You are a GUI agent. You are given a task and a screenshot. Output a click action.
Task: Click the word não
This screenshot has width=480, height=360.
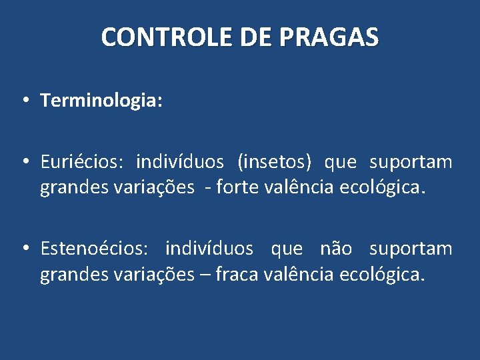[337, 249]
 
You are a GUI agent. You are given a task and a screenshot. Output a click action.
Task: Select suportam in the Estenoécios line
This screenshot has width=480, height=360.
[411, 249]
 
